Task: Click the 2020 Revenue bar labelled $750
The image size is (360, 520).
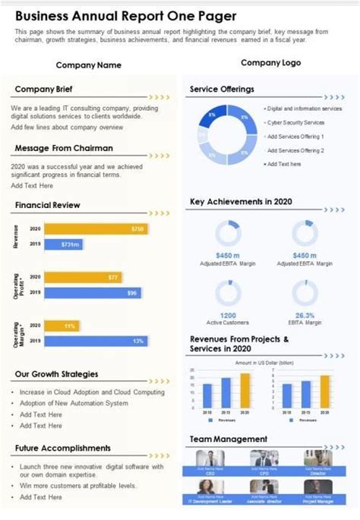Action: coord(96,228)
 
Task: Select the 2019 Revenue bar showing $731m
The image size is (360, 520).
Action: coord(68,244)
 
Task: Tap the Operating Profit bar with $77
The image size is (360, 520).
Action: coord(84,277)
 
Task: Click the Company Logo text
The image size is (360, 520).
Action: coord(270,63)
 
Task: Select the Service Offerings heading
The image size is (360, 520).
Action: coord(221,90)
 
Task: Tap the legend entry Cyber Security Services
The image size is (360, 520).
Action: coord(295,122)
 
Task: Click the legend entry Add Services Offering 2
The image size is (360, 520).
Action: coord(295,150)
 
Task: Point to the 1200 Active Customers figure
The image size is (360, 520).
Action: coord(228,315)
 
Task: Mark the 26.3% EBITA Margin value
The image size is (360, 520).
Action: coord(305,315)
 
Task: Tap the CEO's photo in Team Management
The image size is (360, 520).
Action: coord(210,459)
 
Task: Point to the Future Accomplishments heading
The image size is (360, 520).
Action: coord(62,448)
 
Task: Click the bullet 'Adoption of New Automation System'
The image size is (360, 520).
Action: coord(74,403)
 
